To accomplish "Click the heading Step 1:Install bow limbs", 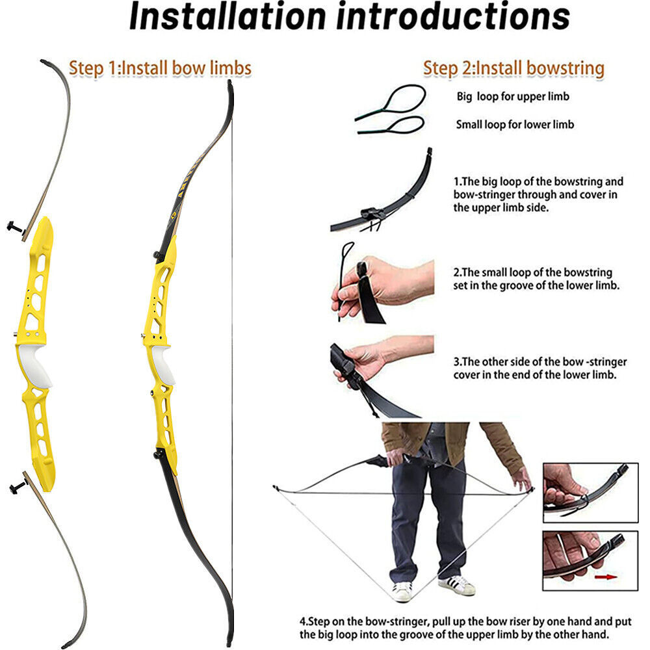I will click(x=160, y=68).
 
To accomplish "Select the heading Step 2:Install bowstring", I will click(x=513, y=68).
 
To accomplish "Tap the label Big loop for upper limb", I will click(x=513, y=96).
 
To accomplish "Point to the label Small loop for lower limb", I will click(x=515, y=123).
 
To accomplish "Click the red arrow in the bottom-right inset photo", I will click(x=605, y=576).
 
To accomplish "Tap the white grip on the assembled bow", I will click(x=162, y=364).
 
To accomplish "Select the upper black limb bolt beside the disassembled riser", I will click(x=16, y=227).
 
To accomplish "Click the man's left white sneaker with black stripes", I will click(x=456, y=585).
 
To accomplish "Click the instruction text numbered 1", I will click(x=538, y=194).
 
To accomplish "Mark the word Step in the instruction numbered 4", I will click(x=318, y=621).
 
